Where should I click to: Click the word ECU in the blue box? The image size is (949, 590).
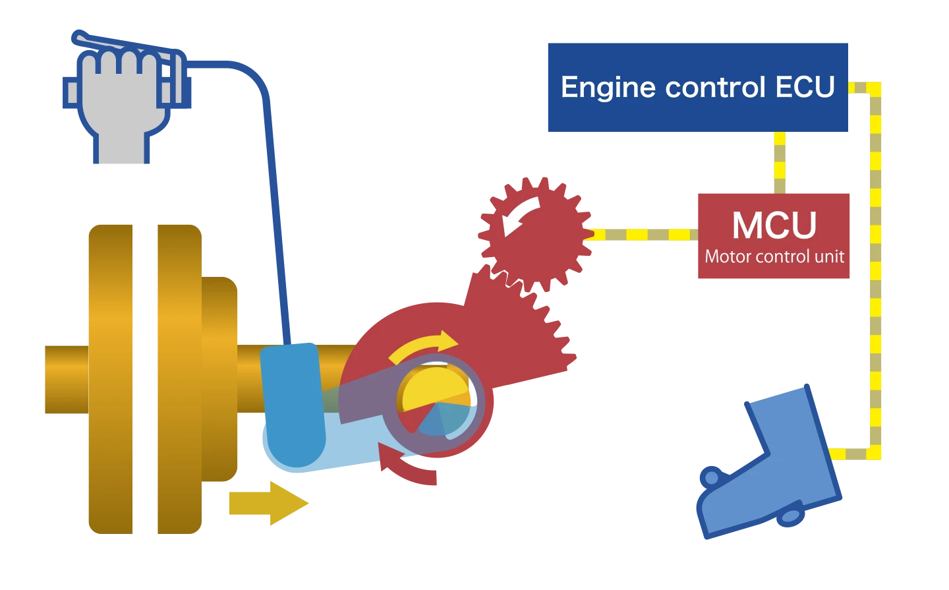(x=805, y=87)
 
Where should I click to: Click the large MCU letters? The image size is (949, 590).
(x=774, y=225)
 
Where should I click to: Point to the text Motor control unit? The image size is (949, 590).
(x=774, y=256)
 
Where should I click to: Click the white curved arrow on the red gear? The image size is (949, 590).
(x=520, y=214)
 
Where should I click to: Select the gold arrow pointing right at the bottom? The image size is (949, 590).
(x=268, y=503)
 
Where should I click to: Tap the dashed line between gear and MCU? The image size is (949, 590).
(x=643, y=234)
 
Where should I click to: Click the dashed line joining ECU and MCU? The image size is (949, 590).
(x=779, y=161)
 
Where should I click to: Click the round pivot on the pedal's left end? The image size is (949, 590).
(x=710, y=478)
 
